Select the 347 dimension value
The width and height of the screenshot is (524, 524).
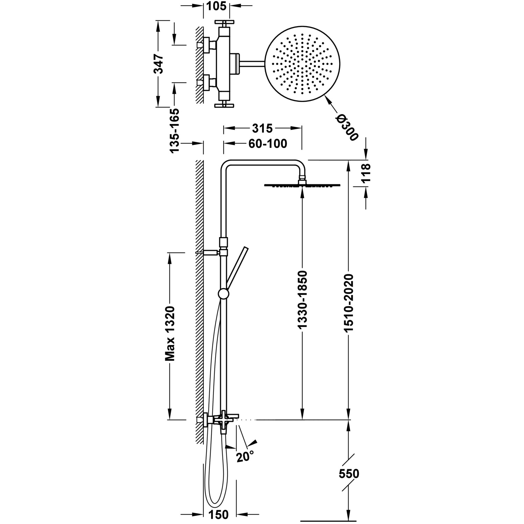coord(159,64)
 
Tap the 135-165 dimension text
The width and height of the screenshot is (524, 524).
coord(174,130)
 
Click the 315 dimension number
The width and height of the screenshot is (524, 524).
coord(262,128)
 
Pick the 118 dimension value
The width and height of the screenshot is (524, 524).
coord(365,173)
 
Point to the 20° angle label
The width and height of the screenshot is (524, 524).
coord(245,456)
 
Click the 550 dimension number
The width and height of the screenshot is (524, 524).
coord(349,474)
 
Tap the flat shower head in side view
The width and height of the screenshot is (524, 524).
coord(302,185)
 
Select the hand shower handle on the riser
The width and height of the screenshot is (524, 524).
coord(236,265)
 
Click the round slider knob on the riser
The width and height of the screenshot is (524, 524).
coord(223,294)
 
